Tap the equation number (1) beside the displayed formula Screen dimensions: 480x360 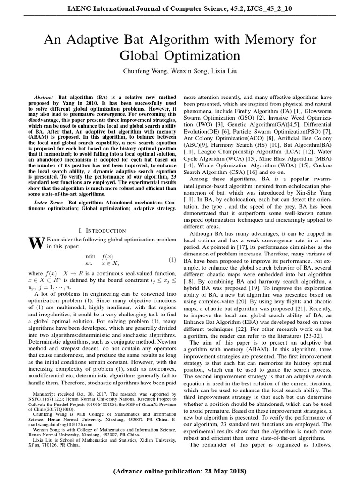(172, 260)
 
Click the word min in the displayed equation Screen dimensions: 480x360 (90, 256)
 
